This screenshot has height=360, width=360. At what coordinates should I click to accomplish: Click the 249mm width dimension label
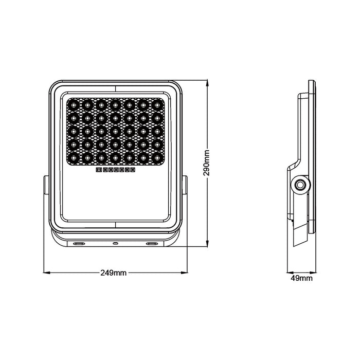pos(114,273)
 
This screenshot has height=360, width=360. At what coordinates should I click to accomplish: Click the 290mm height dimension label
pos(206,163)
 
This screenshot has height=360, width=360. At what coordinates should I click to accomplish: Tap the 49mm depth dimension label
pos(301,278)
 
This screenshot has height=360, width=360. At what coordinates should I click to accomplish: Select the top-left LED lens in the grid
pos(74,105)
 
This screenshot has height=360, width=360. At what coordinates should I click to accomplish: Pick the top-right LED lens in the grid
pos(157,105)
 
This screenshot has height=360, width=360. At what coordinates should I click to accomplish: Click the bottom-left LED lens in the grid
pos(74,158)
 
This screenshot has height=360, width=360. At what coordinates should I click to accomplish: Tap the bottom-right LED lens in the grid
pos(157,158)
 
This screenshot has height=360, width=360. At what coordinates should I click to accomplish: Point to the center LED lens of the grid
pos(116,132)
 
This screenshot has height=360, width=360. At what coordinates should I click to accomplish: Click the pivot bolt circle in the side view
pos(300,185)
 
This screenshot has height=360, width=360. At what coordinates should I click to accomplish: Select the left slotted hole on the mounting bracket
pos(79,243)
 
